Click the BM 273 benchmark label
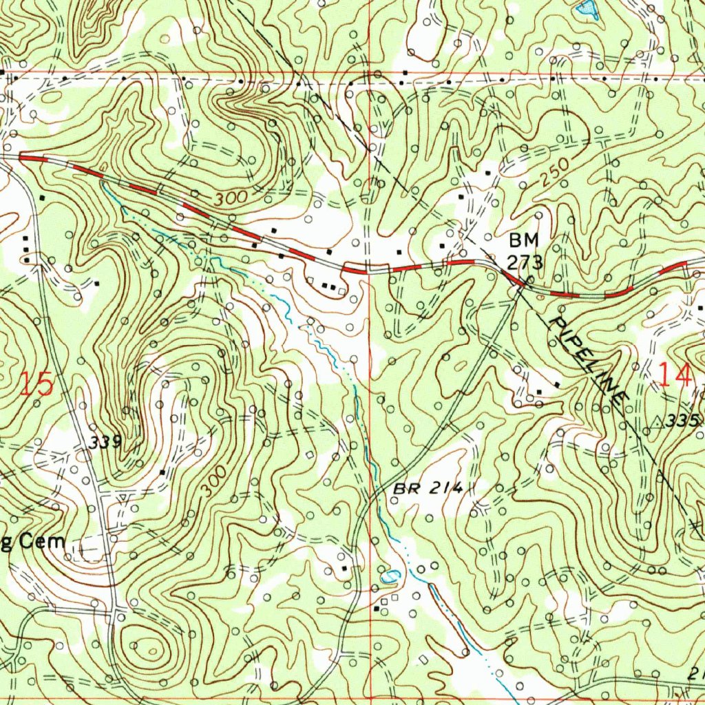[525, 251]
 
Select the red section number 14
[674, 376]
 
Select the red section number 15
[36, 384]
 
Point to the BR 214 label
[428, 489]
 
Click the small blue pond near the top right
[586, 8]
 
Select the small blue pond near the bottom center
[389, 577]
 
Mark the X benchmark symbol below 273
[528, 280]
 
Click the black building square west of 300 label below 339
[162, 472]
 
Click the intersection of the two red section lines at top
[370, 73]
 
